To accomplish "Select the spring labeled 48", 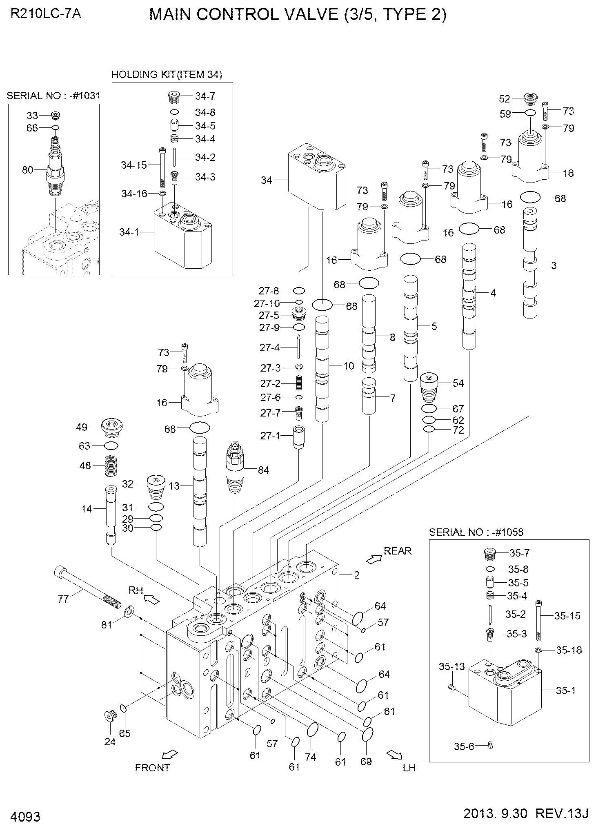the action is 109,465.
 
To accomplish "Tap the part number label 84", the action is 264,470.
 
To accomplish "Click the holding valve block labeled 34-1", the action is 182,238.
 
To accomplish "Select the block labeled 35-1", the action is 505,690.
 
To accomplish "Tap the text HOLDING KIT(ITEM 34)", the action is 167,75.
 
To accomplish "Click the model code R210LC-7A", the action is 46,14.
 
